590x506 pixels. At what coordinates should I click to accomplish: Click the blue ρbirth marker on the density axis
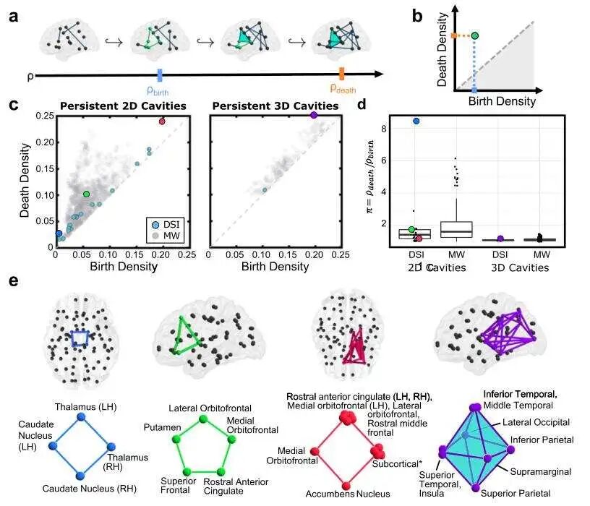point(160,74)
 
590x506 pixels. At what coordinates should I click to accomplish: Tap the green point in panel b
point(475,35)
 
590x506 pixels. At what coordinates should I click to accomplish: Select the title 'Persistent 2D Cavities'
point(122,106)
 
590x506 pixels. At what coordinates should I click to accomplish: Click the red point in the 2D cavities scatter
point(162,121)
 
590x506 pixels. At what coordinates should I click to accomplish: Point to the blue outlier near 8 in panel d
point(416,121)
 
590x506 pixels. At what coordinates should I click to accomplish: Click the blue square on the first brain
point(80,338)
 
